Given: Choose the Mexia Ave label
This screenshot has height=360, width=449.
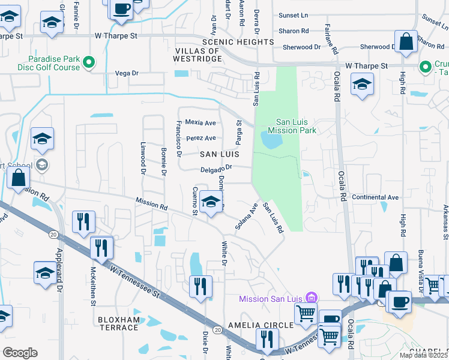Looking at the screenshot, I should point(200,122).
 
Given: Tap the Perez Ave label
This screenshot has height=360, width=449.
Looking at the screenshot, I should point(201,138).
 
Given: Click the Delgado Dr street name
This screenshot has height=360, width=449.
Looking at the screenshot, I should point(215,169).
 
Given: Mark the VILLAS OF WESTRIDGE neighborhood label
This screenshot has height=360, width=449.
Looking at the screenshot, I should point(198,55).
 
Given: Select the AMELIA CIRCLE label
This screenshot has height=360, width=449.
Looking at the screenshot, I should point(265,325).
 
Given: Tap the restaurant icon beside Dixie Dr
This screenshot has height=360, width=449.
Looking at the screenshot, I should point(200,286).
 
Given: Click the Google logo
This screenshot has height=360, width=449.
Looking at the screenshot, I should point(20,353).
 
